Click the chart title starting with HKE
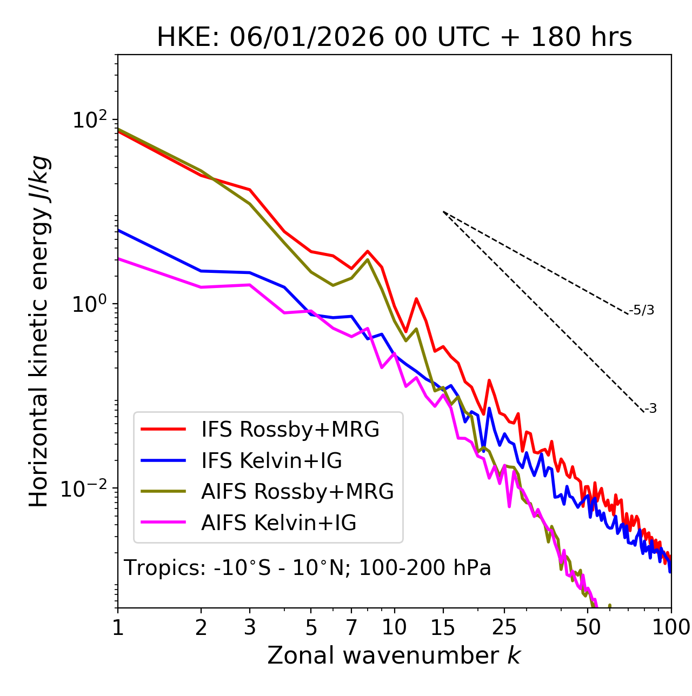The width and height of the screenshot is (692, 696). point(394,38)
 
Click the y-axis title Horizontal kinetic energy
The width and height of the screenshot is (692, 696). point(39,331)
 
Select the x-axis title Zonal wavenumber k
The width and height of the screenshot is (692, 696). point(394,655)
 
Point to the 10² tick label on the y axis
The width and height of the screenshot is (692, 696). point(89,120)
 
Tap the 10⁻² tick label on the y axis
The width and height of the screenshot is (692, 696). point(86,489)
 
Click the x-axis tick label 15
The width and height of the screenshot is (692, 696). point(443,627)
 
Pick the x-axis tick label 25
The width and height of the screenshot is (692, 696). point(504,627)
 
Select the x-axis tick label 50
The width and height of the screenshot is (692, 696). point(588,627)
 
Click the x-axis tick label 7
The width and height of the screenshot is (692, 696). point(351,627)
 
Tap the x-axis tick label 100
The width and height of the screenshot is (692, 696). point(670,627)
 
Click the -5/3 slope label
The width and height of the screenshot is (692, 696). point(642,310)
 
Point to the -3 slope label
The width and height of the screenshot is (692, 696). point(650,409)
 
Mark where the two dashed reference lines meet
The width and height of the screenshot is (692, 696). point(443,212)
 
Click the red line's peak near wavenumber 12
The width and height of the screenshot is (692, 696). point(416,298)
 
